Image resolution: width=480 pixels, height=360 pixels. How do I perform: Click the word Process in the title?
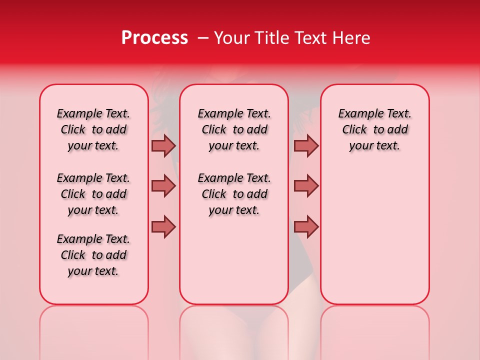tap(154, 38)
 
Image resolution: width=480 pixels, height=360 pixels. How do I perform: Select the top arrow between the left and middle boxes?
tap(163, 145)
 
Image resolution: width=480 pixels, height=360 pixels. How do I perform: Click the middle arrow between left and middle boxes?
tap(163, 186)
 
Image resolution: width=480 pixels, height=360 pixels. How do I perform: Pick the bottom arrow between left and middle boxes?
tap(163, 226)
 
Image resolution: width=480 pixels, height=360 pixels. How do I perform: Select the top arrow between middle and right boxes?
tap(306, 145)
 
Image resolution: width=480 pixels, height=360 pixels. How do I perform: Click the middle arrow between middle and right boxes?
tap(306, 186)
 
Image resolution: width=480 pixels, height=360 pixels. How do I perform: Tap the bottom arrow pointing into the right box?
tap(306, 226)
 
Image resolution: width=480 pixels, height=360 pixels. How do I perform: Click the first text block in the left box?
tap(93, 129)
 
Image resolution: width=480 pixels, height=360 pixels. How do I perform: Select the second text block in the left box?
tap(93, 194)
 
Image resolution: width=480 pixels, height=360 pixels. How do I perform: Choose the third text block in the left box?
tap(93, 255)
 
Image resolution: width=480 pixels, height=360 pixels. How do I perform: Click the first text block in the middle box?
tap(234, 129)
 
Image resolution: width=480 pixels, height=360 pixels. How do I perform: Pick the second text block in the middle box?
tap(234, 194)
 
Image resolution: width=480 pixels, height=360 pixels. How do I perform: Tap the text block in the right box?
tap(375, 129)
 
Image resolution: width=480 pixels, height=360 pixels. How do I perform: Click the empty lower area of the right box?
tap(375, 240)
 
